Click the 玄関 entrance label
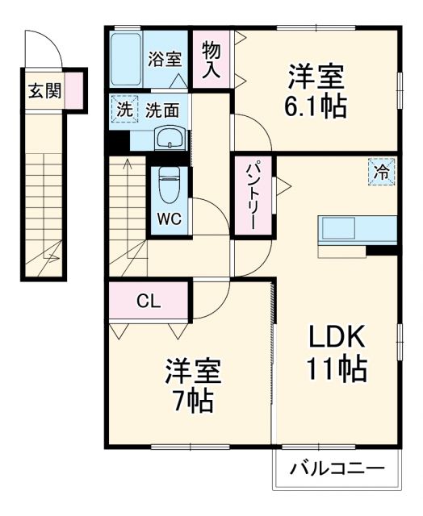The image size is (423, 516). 44,91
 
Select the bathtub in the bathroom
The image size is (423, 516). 127,59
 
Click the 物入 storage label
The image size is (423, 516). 211,60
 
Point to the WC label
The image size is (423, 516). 169,218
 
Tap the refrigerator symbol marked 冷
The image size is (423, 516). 384,171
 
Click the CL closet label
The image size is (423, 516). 148,302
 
